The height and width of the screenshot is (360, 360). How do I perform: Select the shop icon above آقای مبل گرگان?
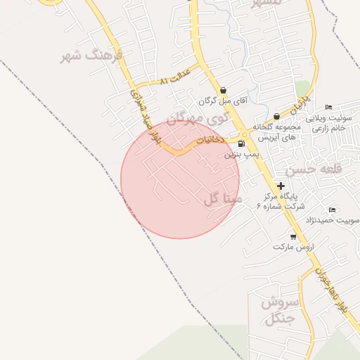point(224,90)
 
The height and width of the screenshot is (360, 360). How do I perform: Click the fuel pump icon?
point(242,143)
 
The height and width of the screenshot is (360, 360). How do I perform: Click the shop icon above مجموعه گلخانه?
point(276,116)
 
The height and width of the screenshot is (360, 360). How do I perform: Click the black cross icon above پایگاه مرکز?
point(281,186)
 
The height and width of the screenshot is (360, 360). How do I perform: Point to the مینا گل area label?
point(223,199)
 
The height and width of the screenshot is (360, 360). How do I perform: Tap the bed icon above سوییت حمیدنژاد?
point(333,210)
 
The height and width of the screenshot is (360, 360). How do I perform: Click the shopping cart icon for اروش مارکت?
point(293,237)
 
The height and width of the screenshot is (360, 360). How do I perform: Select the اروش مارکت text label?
point(294,247)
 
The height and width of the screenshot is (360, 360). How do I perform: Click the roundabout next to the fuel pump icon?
point(245,134)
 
